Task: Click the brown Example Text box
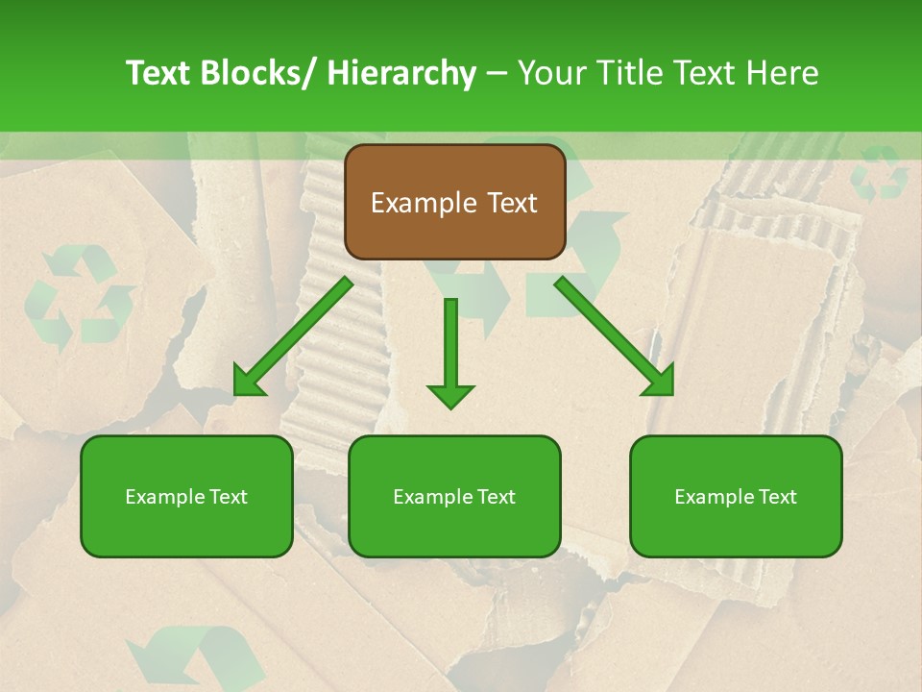(x=454, y=202)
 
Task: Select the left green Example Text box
(x=186, y=496)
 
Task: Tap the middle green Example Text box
(x=453, y=496)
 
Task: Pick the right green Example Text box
(x=736, y=496)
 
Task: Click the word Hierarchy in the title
(x=400, y=73)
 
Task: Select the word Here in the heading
(x=785, y=73)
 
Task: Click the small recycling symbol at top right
(x=879, y=173)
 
